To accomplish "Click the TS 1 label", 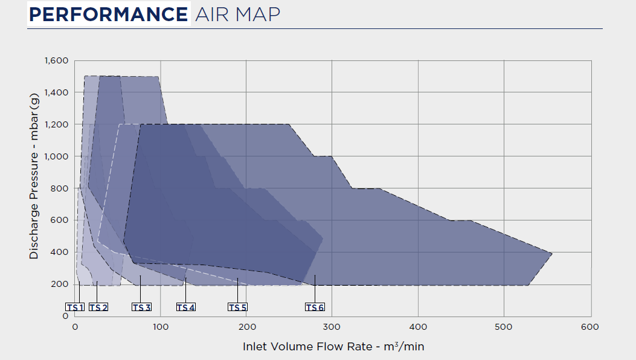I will [75, 307].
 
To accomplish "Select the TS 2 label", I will [98, 307].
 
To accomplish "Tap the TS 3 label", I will [141, 307].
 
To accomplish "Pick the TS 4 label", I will [186, 307].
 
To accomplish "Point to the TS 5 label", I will [237, 307].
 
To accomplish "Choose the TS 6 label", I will [315, 307].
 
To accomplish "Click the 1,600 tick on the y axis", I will [56, 60].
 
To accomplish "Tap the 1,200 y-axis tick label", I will [56, 124].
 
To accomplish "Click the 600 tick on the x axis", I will [590, 327].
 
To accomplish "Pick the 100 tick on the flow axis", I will [160, 327].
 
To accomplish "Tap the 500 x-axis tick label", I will [504, 327].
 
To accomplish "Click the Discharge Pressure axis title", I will [34, 175].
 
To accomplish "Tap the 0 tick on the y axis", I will [65, 316].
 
